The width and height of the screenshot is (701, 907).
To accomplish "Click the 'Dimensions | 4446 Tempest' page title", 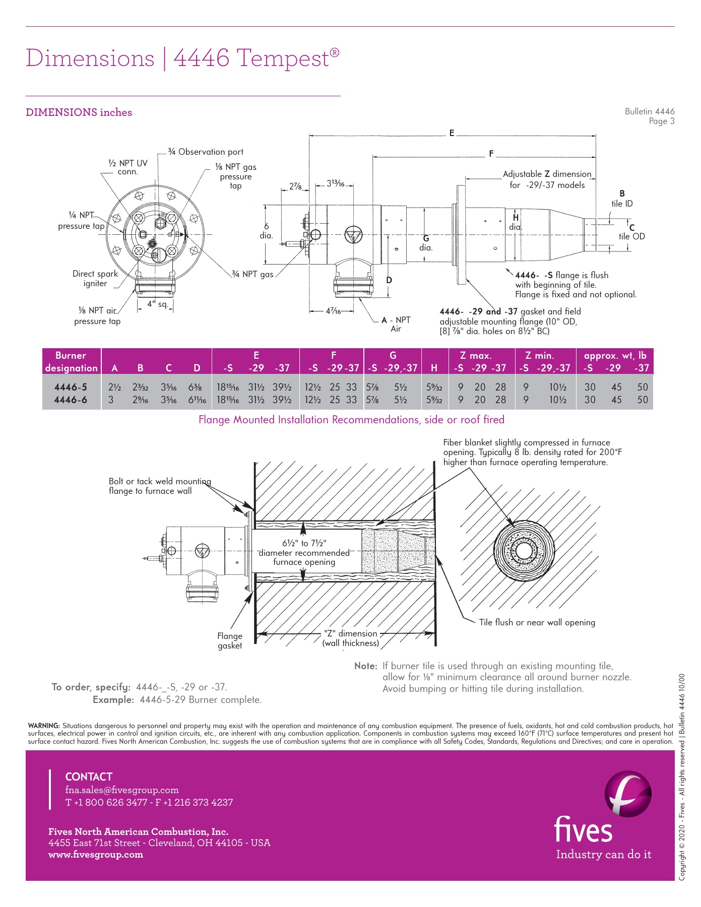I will tap(182, 58).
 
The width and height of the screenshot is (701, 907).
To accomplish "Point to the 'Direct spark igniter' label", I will tap(95, 279).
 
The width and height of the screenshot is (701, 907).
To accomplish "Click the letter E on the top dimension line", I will tap(452, 134).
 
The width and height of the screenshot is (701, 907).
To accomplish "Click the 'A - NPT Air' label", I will tap(396, 324).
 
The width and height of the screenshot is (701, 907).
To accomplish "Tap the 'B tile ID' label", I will tap(622, 199).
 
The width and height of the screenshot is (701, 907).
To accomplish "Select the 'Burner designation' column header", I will tap(71, 361).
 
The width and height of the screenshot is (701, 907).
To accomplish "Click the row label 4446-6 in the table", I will tap(71, 400).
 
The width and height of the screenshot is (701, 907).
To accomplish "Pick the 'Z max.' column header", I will tap(475, 355).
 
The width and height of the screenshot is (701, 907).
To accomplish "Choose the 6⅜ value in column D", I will tap(195, 387).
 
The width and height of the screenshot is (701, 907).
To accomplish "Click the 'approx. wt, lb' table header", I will tap(615, 355).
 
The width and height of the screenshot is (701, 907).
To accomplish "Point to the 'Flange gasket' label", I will tap(230, 640).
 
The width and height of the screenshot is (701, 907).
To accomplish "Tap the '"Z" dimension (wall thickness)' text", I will tap(351, 638).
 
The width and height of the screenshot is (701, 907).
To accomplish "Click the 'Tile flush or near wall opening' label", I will tap(537, 622).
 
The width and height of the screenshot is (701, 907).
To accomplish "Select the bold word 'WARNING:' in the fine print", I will tap(44, 726).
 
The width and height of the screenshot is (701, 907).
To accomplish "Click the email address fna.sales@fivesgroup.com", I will tap(122, 790).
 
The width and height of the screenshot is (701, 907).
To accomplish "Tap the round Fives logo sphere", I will tap(627, 794).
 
